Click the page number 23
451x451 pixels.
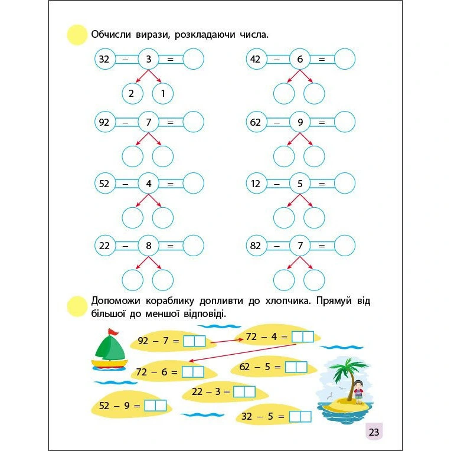tap(374, 432)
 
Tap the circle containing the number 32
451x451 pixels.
tap(104, 59)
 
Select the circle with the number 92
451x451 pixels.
tap(104, 122)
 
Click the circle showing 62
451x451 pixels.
tap(256, 122)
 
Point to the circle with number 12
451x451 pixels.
tap(256, 184)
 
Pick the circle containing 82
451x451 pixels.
tap(256, 246)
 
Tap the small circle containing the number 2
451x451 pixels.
tap(132, 93)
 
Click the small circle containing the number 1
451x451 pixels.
tap(162, 93)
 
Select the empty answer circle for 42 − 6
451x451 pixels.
tap(345, 59)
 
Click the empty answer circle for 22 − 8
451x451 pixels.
tap(194, 246)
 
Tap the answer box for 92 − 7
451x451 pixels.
tap(194, 341)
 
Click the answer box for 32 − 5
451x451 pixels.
tap(300, 416)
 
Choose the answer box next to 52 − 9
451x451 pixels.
tap(156, 406)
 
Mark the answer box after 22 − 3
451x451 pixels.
tap(244, 391)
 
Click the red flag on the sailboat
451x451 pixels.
tap(113, 332)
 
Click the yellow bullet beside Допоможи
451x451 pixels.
tap(77, 306)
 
